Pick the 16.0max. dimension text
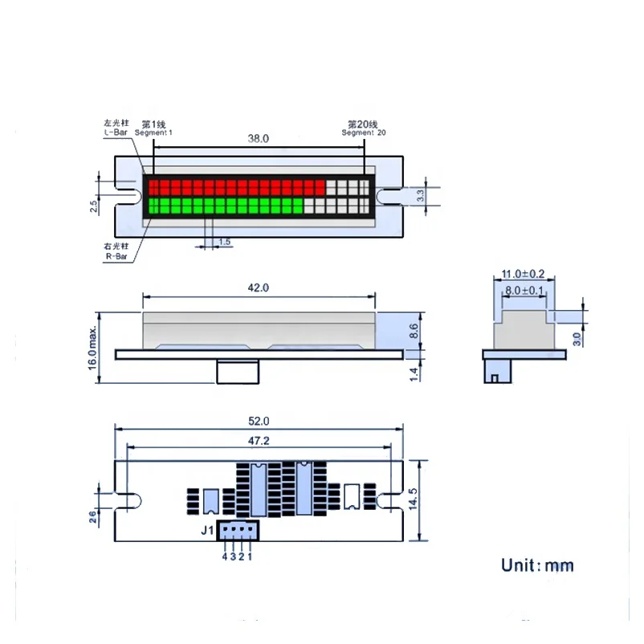click(93, 346)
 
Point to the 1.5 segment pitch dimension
click(225, 241)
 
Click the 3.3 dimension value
click(420, 194)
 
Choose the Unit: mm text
click(537, 565)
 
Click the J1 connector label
click(206, 530)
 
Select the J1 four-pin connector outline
click(237, 531)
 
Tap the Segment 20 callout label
click(363, 128)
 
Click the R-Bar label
click(116, 252)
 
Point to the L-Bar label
click(116, 127)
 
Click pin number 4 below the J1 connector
click(224, 556)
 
